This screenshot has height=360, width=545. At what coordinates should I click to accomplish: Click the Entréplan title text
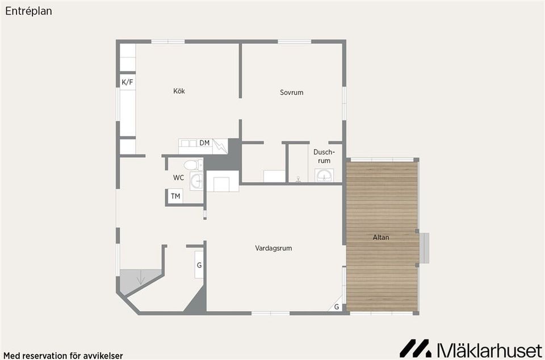click(28, 11)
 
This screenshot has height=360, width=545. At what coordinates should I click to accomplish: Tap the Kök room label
click(179, 91)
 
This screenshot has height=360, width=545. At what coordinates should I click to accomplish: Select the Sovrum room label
click(292, 93)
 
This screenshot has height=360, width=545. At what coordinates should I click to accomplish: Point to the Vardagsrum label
click(274, 249)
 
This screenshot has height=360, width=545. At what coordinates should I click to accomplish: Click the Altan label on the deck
click(381, 237)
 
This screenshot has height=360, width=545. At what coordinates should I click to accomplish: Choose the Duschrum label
click(324, 156)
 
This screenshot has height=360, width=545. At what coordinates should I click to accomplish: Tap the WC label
click(179, 178)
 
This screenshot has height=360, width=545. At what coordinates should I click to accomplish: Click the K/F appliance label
click(127, 82)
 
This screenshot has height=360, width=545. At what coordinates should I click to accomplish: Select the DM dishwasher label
click(204, 143)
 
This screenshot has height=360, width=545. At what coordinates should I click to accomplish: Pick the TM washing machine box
click(175, 196)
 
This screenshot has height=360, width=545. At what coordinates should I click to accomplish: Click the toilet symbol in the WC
click(193, 165)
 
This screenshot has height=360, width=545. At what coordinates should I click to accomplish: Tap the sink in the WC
click(196, 181)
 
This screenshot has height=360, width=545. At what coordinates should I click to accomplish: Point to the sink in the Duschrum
click(324, 175)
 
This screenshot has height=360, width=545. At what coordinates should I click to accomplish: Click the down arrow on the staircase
click(141, 278)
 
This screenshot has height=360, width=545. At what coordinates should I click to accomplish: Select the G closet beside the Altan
click(337, 307)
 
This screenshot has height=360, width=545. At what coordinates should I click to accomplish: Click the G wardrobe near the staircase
click(199, 265)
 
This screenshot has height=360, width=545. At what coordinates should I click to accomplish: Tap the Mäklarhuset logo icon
click(415, 349)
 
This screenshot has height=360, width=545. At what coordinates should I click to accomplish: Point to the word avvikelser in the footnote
click(103, 356)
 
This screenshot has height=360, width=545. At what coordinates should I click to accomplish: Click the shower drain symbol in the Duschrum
click(298, 179)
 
